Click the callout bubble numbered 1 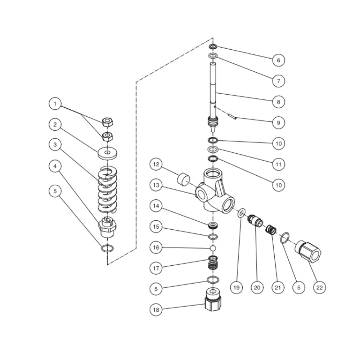(55, 104)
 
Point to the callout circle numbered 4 (55, 166)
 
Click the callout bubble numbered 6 (278, 60)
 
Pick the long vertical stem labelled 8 (213, 90)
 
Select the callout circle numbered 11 (278, 164)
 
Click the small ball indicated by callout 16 (213, 248)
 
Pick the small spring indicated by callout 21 (271, 229)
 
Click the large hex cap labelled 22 (308, 251)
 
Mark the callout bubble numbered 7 (278, 81)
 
